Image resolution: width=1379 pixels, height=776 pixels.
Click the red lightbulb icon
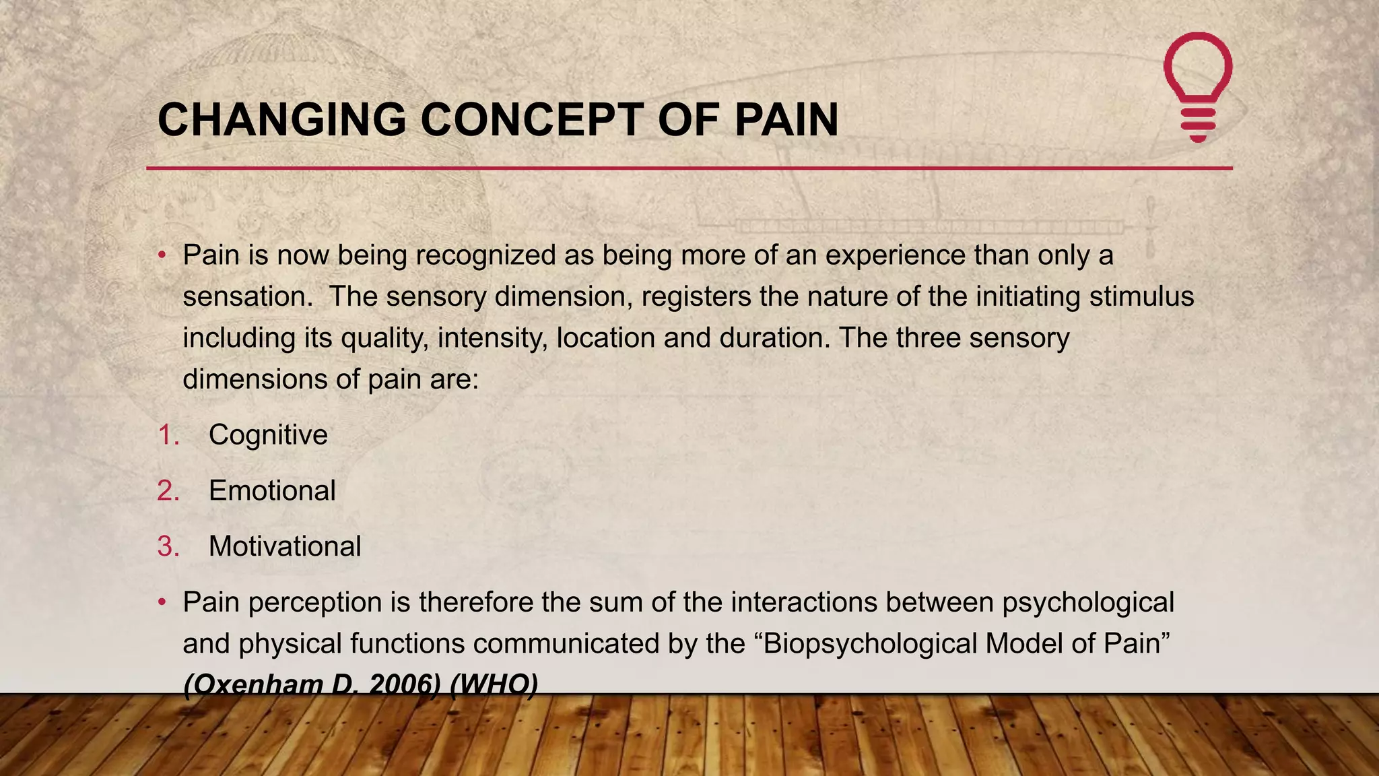click(1198, 86)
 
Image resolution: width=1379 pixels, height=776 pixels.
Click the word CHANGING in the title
click(281, 121)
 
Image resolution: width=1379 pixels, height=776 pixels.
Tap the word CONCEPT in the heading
click(531, 121)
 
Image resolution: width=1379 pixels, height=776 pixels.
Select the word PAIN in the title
click(786, 121)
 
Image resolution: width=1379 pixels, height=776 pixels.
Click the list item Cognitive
click(268, 435)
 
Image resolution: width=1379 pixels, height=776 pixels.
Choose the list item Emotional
click(272, 490)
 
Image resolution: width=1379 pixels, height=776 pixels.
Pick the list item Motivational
click(285, 546)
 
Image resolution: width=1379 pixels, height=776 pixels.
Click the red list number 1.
click(168, 435)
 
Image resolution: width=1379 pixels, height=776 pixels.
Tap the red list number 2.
click(168, 490)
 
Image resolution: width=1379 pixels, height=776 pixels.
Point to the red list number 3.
click(168, 546)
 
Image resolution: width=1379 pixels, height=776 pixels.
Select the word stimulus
click(1141, 297)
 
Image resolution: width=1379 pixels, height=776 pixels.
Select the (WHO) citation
click(494, 684)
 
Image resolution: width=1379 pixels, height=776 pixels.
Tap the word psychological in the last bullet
click(1087, 602)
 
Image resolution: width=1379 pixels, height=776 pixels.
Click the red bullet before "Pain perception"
click(162, 602)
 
